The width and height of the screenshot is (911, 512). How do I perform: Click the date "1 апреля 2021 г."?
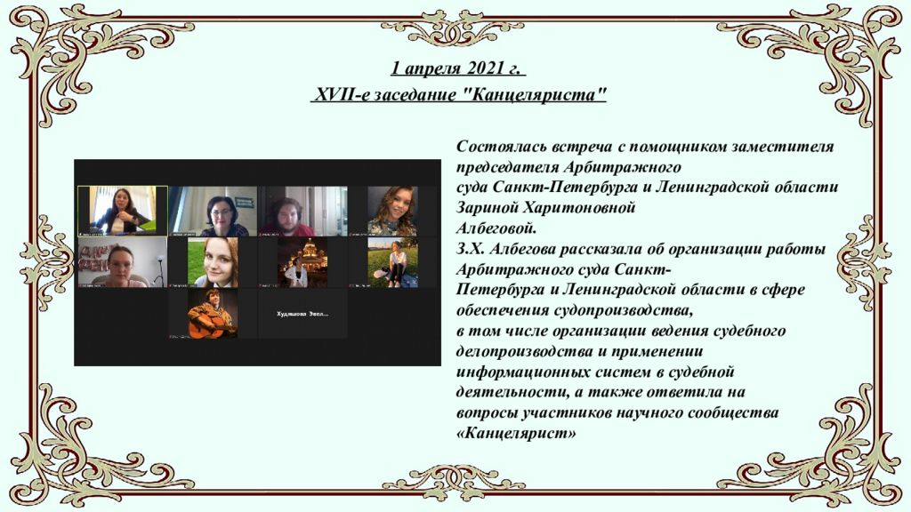(458, 69)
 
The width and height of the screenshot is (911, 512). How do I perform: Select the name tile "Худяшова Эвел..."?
(302, 314)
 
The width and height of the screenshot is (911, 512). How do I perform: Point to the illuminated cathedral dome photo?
(302, 261)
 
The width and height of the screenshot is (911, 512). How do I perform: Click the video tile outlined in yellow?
(123, 210)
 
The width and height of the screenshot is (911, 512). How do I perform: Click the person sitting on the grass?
(395, 264)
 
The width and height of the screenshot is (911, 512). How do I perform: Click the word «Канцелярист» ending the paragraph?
(516, 434)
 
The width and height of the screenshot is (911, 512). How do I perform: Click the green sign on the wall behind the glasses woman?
(245, 202)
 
